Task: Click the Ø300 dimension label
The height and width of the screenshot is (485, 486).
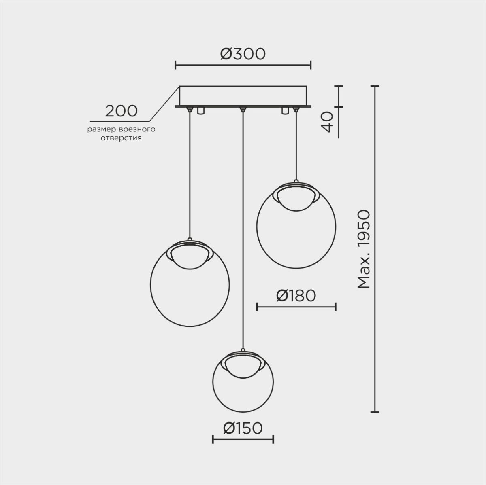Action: tap(243, 54)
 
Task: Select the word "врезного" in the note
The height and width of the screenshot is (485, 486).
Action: tap(137, 130)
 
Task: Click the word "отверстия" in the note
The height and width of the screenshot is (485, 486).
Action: tap(121, 138)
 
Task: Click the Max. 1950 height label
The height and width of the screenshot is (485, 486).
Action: tap(364, 249)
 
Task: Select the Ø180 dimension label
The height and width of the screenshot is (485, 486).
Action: tap(296, 296)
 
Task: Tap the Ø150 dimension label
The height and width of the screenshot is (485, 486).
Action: tap(243, 428)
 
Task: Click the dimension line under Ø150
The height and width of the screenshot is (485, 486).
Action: tap(243, 439)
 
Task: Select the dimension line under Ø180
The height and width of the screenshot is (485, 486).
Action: tap(296, 307)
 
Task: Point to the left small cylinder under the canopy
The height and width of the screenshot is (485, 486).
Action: tap(201, 111)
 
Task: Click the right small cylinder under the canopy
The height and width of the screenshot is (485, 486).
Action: tap(285, 111)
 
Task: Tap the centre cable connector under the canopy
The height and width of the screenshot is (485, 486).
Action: tap(243, 109)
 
